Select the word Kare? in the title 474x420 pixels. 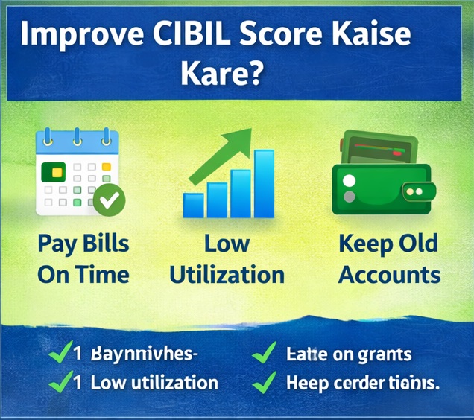tap(221, 74)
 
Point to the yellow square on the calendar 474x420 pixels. tap(106, 167)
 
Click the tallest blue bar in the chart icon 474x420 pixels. tap(265, 183)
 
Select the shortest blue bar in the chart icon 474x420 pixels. tap(194, 205)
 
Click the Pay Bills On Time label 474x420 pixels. tap(83, 259)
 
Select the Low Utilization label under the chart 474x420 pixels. tap(227, 259)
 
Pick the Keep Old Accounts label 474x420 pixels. tap(388, 259)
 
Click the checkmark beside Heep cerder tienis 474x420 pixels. tap(264, 383)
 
